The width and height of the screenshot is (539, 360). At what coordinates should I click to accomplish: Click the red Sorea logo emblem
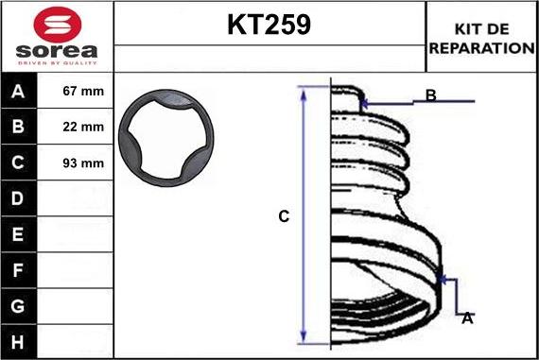(x=58, y=25)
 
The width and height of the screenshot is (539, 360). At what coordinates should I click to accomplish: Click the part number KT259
(x=269, y=25)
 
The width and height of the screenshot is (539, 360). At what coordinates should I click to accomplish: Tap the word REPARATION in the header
(x=481, y=48)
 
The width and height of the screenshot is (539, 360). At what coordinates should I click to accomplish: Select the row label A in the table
(x=18, y=92)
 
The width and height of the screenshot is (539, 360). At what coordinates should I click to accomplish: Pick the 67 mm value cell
(x=83, y=91)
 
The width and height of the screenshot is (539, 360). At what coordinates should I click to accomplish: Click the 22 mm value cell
(x=83, y=127)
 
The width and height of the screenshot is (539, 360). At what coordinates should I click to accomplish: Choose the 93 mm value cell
(x=83, y=163)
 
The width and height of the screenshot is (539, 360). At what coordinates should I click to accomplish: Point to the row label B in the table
(x=18, y=127)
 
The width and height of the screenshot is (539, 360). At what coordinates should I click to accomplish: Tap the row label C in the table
(x=18, y=163)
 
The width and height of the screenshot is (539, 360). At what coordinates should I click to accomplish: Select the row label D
(x=18, y=198)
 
